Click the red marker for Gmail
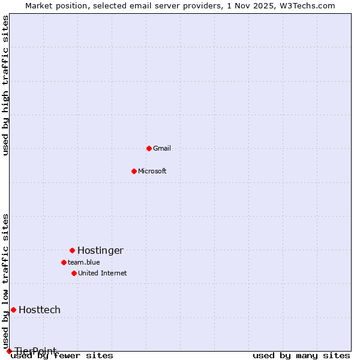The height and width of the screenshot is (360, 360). coord(149,148)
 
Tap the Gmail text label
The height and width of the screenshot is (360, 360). coord(162,148)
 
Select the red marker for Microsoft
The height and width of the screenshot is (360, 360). coord(134,171)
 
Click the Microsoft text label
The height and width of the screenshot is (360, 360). coord(152,171)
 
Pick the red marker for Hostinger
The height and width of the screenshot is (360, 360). coord(72,250)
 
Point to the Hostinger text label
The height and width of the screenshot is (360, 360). coord(100,250)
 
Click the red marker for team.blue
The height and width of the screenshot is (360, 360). coord(64,262)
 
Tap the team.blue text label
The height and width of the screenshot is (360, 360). coord(84,262)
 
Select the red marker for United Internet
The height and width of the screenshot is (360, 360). coord(74,273)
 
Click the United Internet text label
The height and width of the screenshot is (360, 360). coord(103,273)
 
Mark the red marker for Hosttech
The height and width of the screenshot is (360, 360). coord(13,310)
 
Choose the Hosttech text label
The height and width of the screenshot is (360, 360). coord(40,310)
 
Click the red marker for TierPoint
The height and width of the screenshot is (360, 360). coord(9,351)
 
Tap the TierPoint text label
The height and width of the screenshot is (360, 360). coord(36,351)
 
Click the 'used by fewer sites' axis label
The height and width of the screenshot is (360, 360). coord(62,356)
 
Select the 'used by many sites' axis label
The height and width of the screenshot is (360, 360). coord(301,356)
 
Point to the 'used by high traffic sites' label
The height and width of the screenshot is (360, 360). coord(6,85)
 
